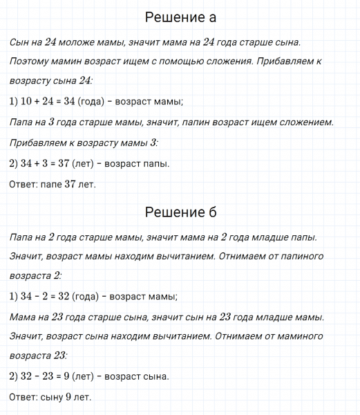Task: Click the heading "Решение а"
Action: pos(182,18)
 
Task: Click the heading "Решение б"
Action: pos(182,212)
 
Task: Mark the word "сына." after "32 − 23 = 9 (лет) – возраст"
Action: pos(153,377)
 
